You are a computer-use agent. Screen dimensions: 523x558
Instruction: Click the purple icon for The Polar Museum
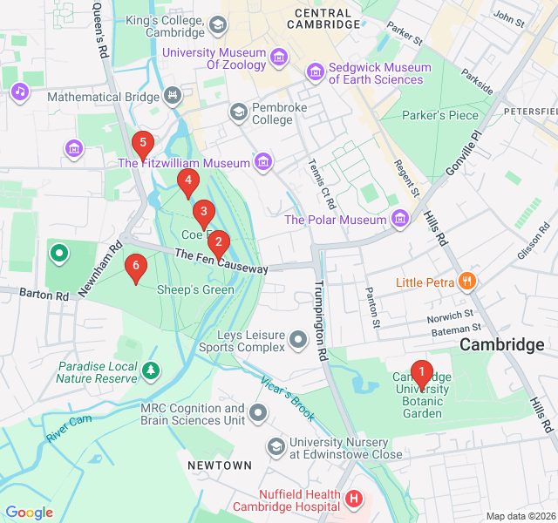click(400, 218)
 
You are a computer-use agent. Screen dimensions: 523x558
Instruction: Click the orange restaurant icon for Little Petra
click(468, 281)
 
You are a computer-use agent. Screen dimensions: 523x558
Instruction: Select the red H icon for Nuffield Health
click(353, 499)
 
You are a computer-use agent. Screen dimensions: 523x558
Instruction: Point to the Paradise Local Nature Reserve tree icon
click(152, 372)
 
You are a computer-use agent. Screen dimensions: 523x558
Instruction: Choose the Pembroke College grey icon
click(238, 112)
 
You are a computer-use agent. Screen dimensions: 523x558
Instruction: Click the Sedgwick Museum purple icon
click(313, 70)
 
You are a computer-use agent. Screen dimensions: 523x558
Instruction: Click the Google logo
click(29, 513)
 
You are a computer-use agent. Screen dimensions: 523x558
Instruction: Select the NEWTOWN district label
click(219, 465)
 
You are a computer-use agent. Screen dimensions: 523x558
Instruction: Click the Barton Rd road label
click(44, 295)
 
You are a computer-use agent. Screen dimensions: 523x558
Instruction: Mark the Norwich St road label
click(450, 316)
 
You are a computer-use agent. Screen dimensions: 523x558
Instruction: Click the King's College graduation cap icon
click(217, 26)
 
